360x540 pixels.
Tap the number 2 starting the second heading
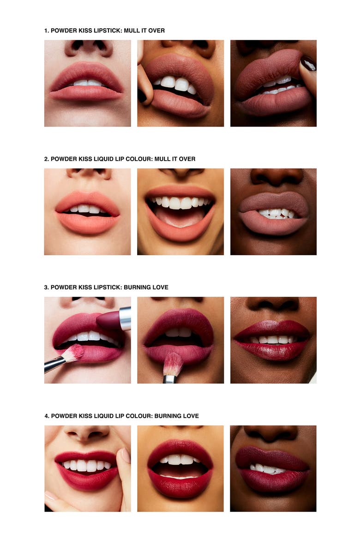pos(46,159)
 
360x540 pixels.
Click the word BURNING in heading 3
pos(137,287)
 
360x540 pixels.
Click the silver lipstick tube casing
pos(125,318)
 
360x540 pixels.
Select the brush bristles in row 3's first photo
pos(73,353)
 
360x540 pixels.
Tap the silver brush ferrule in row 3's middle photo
pos(169,379)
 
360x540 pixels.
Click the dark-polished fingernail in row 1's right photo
pos(308,64)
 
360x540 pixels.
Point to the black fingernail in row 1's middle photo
pos(142,96)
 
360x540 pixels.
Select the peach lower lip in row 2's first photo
pos(88,223)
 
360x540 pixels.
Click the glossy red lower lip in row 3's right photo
pos(272,351)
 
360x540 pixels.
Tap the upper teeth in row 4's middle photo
pos(180,459)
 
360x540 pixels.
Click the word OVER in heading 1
pos(156,30)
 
